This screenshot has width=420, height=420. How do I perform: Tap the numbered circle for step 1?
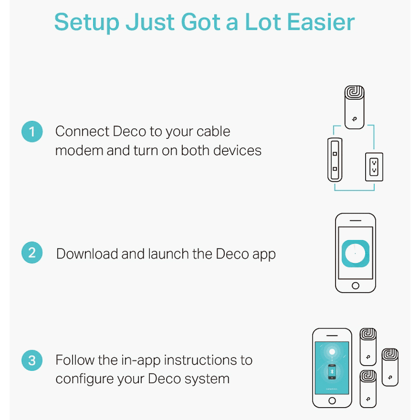coord(32,131)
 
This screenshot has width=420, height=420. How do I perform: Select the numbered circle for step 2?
coord(32,252)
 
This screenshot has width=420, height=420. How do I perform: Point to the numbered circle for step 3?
coord(32,360)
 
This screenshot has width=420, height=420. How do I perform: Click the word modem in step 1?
coord(79,151)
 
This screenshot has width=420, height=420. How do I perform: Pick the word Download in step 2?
coord(87,253)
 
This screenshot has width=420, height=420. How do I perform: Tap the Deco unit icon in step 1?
coord(354,107)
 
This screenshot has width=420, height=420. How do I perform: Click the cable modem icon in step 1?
coord(335,160)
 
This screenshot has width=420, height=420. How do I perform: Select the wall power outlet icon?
coord(374,167)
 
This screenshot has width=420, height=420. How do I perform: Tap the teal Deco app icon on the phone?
coord(355,253)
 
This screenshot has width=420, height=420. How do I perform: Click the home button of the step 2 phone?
coord(355,286)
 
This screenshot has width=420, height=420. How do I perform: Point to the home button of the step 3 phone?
coord(332,401)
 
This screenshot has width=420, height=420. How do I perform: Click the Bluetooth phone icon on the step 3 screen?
coord(332,372)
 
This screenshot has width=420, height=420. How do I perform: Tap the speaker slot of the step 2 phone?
coord(355,220)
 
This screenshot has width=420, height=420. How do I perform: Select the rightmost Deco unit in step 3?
coord(390,367)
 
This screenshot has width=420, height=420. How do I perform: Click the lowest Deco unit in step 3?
coord(368,389)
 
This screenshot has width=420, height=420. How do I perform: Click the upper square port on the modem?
coord(335,154)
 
